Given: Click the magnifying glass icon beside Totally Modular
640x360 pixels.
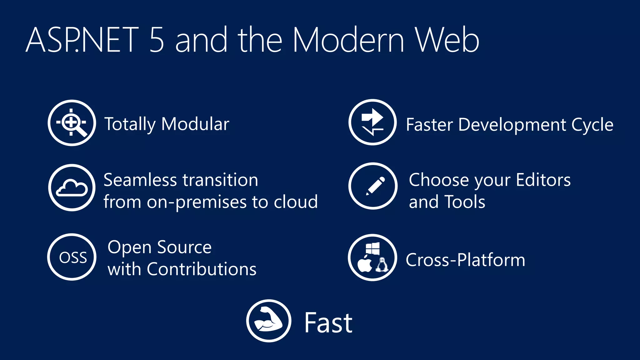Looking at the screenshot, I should click(x=72, y=123).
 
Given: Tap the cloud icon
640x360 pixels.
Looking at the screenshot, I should click(x=72, y=188).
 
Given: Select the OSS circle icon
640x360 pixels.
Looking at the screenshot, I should click(x=72, y=257).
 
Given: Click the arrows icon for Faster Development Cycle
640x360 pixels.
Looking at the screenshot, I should click(x=372, y=122).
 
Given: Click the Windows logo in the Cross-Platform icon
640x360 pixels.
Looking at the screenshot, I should click(x=372, y=248).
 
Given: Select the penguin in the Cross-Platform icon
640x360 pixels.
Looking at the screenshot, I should click(x=382, y=265).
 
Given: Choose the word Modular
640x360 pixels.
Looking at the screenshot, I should click(x=195, y=124).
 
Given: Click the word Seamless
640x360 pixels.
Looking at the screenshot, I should click(x=140, y=180).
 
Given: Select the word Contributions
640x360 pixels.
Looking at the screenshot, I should click(x=202, y=269).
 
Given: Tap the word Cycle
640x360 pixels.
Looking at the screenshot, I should click(x=592, y=125).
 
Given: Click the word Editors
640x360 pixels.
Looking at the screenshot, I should click(x=543, y=180).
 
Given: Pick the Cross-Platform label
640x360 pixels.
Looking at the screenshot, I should click(x=465, y=260).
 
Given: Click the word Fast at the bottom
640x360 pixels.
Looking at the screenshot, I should click(x=328, y=323).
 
